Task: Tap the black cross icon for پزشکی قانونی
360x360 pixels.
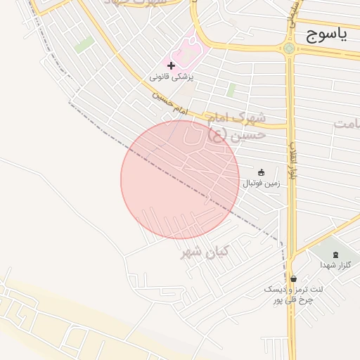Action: tap(171, 65)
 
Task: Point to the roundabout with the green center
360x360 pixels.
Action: tap(288, 49)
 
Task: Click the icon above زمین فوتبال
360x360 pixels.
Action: tap(261, 172)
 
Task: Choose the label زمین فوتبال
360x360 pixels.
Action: tap(261, 184)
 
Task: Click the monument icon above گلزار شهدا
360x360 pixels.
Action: tap(335, 255)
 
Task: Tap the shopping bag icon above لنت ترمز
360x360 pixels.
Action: tap(292, 278)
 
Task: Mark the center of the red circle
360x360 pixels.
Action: tap(180, 179)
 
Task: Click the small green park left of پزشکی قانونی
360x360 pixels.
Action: tap(84, 45)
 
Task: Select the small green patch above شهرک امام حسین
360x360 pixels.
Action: tap(231, 90)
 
